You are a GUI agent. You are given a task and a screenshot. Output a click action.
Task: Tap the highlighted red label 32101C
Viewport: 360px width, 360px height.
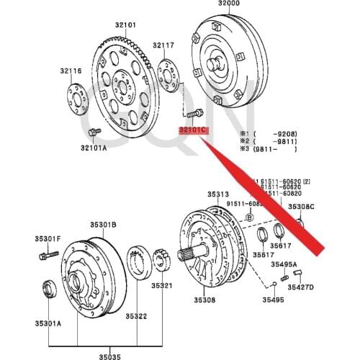tap(193, 130)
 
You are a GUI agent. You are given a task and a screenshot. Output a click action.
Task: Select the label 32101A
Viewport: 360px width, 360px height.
tap(94, 148)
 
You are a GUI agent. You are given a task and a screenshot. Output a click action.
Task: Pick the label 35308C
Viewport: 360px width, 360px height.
tap(302, 207)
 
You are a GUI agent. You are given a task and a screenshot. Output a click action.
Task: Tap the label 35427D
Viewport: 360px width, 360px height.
tap(301, 287)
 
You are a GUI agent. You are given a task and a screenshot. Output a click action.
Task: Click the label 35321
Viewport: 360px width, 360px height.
tap(162, 286)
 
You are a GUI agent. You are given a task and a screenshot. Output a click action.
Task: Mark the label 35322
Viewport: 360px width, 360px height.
tap(138, 316)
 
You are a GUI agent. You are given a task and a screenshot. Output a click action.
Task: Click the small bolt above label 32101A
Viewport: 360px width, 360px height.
tap(94, 132)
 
